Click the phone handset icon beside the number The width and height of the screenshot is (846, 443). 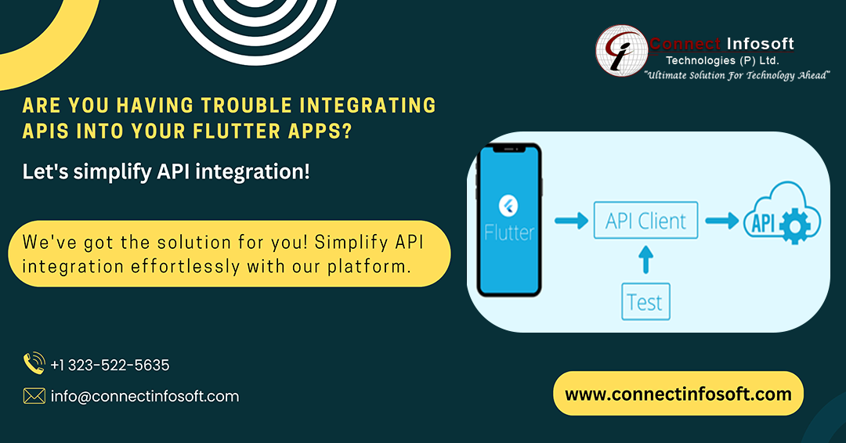[34, 364]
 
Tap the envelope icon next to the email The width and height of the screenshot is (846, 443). [34, 396]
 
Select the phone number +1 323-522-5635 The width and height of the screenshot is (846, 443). [110, 365]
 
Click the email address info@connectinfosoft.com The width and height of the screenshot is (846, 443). [145, 396]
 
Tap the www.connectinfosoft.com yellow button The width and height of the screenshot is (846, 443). [678, 394]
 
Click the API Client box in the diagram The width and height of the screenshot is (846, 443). [645, 221]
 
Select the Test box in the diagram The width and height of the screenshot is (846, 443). [645, 301]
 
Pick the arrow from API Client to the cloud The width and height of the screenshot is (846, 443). [721, 221]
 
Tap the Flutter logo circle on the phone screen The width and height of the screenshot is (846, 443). [510, 207]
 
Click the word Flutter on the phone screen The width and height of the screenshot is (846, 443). [510, 232]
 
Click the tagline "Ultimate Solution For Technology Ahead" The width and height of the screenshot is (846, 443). [736, 74]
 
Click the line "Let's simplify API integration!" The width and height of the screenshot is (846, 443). [166, 171]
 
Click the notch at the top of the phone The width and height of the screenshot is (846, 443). [510, 149]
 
